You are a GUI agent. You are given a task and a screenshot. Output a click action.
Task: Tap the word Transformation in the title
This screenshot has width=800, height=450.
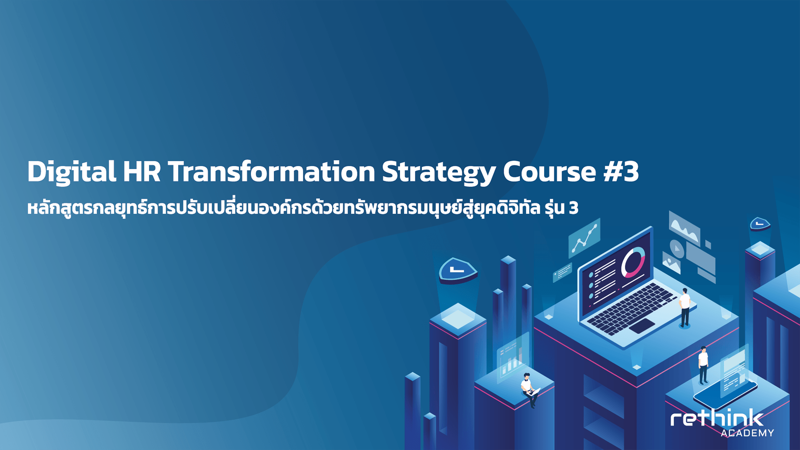(x=271, y=171)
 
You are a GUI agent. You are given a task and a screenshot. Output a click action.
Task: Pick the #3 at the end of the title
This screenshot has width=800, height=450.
(x=621, y=172)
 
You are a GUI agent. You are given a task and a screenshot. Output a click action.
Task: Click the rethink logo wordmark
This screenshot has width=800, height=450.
(x=717, y=418)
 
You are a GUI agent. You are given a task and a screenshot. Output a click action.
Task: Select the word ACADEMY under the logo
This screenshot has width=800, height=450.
(x=747, y=433)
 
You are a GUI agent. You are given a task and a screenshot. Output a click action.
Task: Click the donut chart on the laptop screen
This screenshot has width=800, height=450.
(x=633, y=262)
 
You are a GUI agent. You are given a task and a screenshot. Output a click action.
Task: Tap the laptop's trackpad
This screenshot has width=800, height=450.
(x=642, y=325)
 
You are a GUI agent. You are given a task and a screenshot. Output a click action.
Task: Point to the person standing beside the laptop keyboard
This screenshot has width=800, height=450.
(x=685, y=307)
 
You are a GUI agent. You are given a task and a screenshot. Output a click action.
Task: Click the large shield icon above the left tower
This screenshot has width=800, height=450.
(x=457, y=270)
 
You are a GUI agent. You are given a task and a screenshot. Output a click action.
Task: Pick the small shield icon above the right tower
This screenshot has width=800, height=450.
(x=760, y=224)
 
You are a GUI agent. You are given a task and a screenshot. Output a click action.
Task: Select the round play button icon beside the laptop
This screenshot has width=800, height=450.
(x=677, y=249)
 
